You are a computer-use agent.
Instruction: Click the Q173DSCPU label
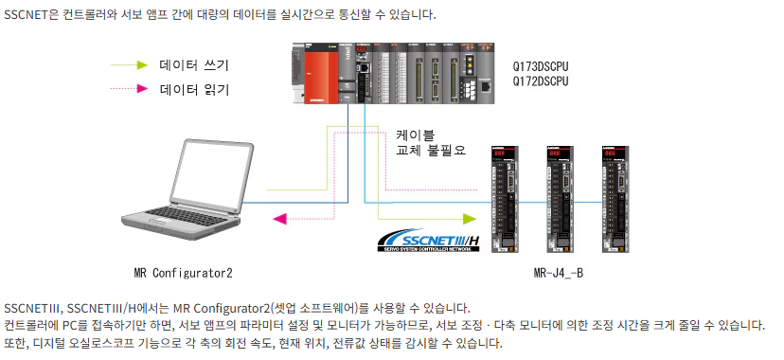tap(541, 67)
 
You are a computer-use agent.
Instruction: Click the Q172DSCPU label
tap(541, 81)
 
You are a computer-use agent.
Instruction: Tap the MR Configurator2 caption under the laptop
tap(183, 273)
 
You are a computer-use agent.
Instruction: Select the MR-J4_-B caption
tap(559, 273)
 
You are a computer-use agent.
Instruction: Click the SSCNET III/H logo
tap(429, 241)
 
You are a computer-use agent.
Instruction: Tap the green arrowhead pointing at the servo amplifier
tap(469, 219)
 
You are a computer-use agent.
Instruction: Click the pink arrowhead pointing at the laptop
tap(279, 219)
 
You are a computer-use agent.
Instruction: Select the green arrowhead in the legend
tap(142, 65)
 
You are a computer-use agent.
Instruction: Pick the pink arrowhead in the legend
tap(142, 89)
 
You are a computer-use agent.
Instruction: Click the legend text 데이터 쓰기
tap(194, 65)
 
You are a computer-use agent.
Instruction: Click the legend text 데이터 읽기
tap(194, 89)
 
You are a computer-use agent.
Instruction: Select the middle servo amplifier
tap(560, 199)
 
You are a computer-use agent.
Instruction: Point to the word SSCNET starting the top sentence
tap(26, 15)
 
